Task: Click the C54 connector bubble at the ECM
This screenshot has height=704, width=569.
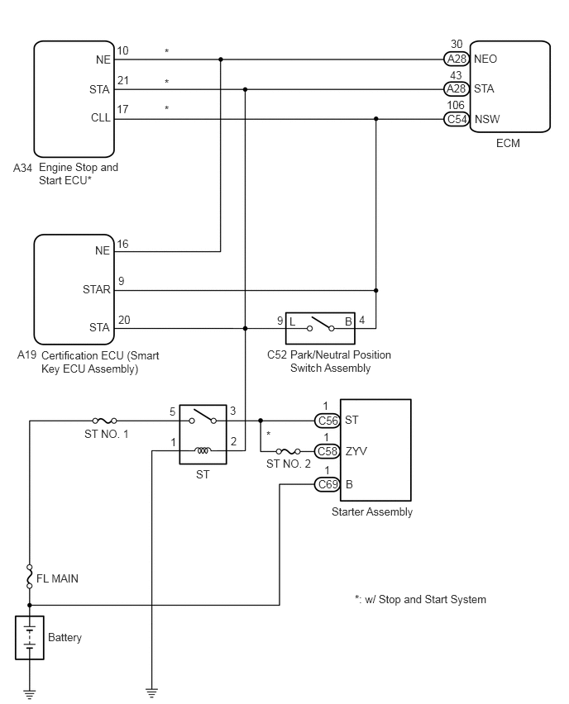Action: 457,119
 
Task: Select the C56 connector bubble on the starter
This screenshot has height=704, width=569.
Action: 327,421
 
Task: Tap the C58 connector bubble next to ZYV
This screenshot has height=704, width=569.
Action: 327,451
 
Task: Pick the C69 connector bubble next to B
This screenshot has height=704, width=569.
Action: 327,484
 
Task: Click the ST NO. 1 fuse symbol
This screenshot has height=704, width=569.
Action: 105,421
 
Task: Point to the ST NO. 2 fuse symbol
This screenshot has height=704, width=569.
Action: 288,451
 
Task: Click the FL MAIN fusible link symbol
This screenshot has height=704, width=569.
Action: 30,576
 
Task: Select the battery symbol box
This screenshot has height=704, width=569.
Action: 30,638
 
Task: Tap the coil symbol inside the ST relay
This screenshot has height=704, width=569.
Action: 203,450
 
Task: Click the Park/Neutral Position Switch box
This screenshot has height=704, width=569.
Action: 320,328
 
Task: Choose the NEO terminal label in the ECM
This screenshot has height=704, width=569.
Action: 485,59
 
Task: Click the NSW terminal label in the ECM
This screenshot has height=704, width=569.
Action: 487,119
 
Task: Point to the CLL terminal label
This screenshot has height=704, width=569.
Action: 101,117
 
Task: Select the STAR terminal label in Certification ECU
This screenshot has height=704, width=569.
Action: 97,289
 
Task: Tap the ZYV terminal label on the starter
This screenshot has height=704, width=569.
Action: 356,451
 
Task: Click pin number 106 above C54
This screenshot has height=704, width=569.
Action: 456,105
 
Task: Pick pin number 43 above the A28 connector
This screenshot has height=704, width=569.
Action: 456,75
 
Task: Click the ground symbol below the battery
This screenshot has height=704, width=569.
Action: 30,694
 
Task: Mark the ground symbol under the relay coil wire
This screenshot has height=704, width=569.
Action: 152,693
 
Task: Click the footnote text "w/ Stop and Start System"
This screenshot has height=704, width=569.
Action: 426,599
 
